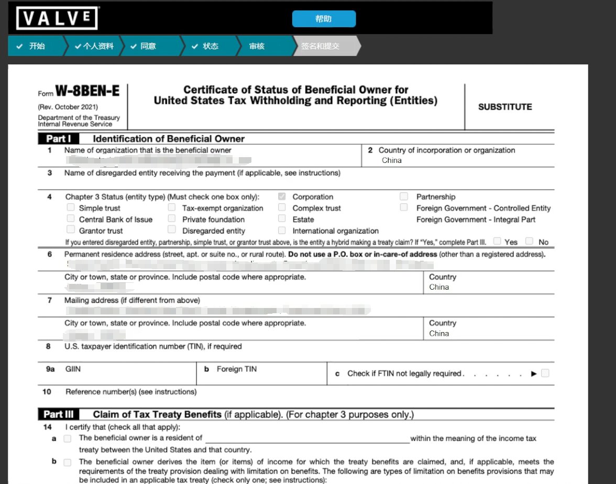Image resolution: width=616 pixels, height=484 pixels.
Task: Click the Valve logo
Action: pyautogui.click(x=57, y=18)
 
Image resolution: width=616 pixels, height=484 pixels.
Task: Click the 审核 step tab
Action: pyautogui.click(x=257, y=46)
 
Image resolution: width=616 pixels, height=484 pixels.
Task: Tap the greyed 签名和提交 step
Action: pyautogui.click(x=320, y=46)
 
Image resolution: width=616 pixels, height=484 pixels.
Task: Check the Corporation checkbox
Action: pyautogui.click(x=282, y=197)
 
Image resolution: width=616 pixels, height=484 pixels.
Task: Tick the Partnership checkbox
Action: pyautogui.click(x=404, y=196)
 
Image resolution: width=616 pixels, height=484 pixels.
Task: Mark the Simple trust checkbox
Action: pyautogui.click(x=71, y=207)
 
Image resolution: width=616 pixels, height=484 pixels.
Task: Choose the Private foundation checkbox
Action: pyautogui.click(x=172, y=219)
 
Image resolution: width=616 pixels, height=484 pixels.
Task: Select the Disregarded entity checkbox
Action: pyautogui.click(x=172, y=230)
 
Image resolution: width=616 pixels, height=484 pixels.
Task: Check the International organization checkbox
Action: pyautogui.click(x=282, y=230)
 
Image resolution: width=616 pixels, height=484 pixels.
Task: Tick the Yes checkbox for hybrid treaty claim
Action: pyautogui.click(x=497, y=241)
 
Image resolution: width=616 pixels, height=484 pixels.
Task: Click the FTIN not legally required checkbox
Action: pyautogui.click(x=545, y=373)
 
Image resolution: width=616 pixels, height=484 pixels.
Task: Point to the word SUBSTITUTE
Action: pyautogui.click(x=505, y=107)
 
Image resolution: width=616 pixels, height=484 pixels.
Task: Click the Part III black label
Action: pyautogui.click(x=59, y=414)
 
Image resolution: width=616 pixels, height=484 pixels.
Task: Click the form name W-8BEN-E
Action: pyautogui.click(x=87, y=92)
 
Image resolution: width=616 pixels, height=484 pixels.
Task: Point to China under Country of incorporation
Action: pyautogui.click(x=392, y=160)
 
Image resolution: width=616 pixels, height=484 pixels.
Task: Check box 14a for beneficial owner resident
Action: pyautogui.click(x=68, y=438)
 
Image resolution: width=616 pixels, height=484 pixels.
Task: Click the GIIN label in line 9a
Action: pyautogui.click(x=73, y=369)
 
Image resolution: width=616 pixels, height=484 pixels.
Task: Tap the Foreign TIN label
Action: pyautogui.click(x=236, y=369)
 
